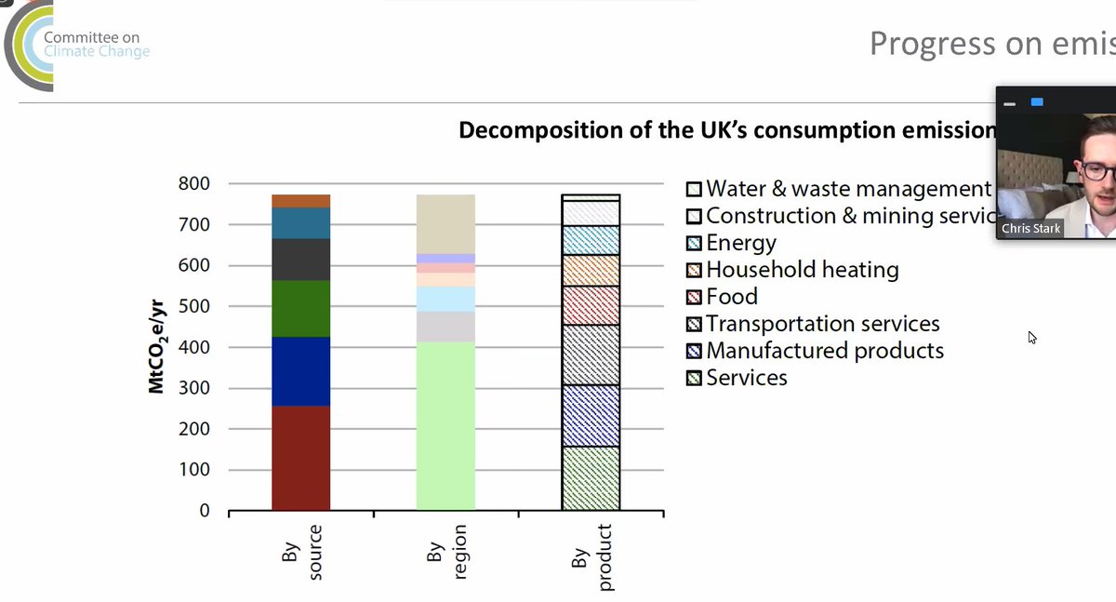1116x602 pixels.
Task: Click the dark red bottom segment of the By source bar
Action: tap(300, 458)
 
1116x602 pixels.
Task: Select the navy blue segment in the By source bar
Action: tap(300, 371)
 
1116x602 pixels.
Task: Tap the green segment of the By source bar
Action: tap(300, 308)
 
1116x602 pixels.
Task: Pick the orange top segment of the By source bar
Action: tap(300, 201)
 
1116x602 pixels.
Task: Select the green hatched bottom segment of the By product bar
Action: tap(591, 478)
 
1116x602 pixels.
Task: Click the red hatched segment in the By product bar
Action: tap(591, 305)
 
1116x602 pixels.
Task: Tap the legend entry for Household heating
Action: tap(791, 270)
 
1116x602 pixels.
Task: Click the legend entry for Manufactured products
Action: tap(814, 351)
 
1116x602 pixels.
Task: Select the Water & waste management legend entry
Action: tap(837, 189)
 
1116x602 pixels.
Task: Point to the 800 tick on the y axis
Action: tap(193, 183)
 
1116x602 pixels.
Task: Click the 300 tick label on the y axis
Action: tap(193, 388)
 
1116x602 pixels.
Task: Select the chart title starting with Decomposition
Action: tap(725, 130)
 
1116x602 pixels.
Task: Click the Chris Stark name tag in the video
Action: tap(1030, 228)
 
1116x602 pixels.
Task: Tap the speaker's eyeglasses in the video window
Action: tap(1097, 170)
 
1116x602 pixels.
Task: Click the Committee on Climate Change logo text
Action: tap(96, 45)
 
